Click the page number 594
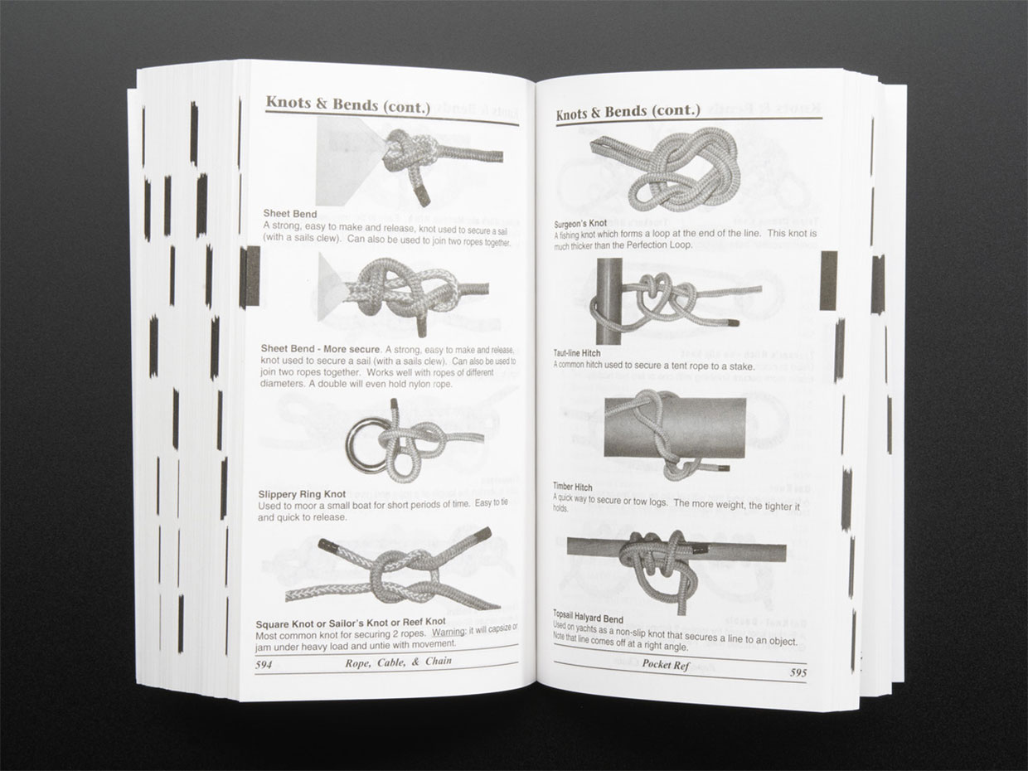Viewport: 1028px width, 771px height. point(264,665)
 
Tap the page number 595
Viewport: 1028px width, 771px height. point(798,672)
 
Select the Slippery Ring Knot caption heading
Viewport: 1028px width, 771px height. point(302,494)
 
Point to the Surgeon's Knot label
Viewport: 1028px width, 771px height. point(580,223)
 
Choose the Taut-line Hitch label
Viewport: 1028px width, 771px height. point(576,353)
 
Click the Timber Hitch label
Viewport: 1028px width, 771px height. point(572,487)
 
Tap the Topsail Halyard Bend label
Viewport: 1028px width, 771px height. point(589,617)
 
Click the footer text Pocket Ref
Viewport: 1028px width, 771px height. point(666,665)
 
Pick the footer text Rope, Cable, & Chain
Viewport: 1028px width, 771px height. point(398,662)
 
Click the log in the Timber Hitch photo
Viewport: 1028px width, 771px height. point(674,428)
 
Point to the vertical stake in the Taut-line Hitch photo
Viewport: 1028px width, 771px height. point(609,302)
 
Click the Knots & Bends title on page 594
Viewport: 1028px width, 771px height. point(347,104)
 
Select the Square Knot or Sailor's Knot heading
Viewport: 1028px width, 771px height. point(351,623)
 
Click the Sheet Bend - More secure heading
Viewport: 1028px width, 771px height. point(321,349)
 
